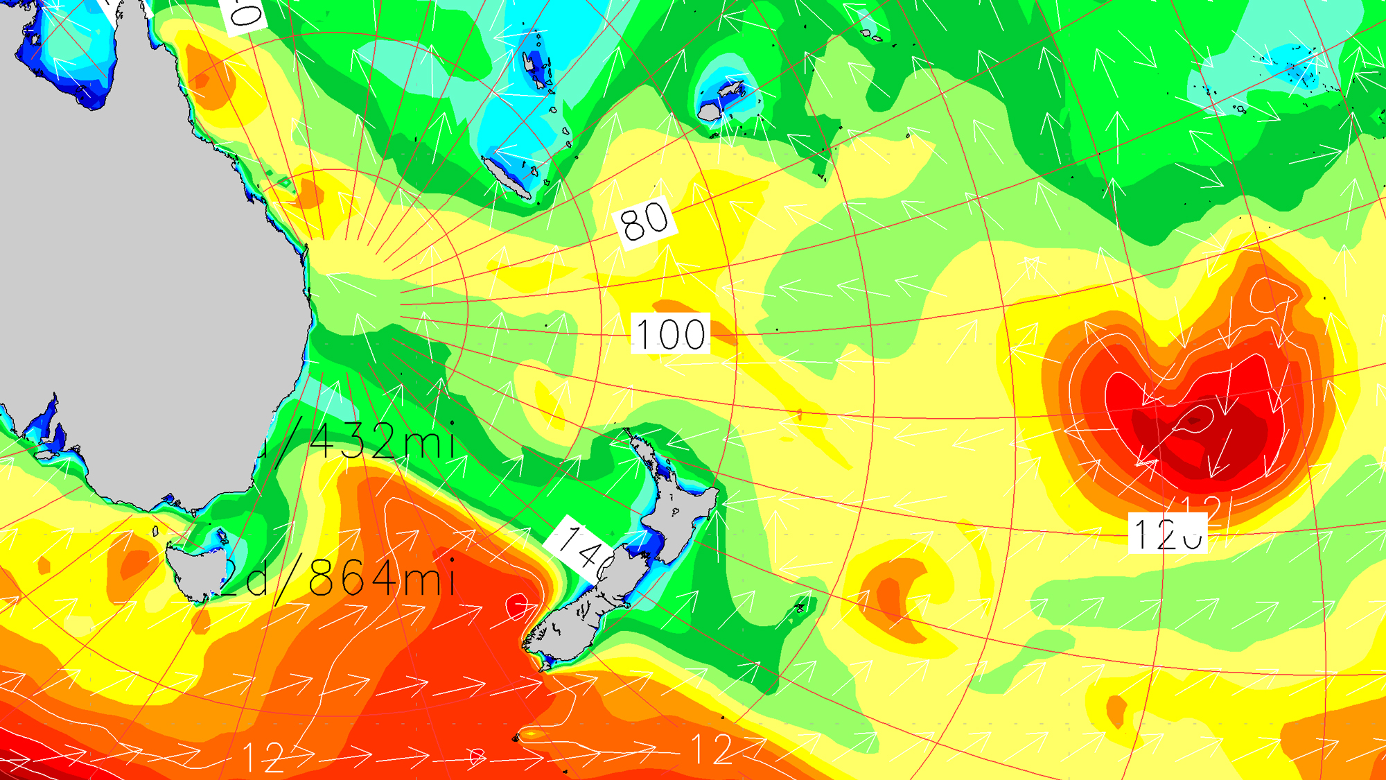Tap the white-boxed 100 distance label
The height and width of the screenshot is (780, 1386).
point(670,334)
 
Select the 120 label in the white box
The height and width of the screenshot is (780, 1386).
point(1168,533)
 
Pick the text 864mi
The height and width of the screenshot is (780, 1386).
point(381,577)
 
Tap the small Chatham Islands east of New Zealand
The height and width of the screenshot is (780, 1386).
point(800,609)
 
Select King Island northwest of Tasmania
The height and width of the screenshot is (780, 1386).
point(155,532)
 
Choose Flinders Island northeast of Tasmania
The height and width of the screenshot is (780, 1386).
point(222,535)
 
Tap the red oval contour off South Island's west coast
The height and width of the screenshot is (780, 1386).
point(517,607)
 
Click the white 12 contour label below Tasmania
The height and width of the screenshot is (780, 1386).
point(263,757)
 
